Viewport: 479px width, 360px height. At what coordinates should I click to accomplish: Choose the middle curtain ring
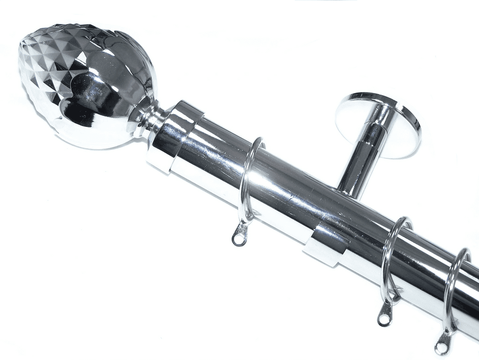390,259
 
